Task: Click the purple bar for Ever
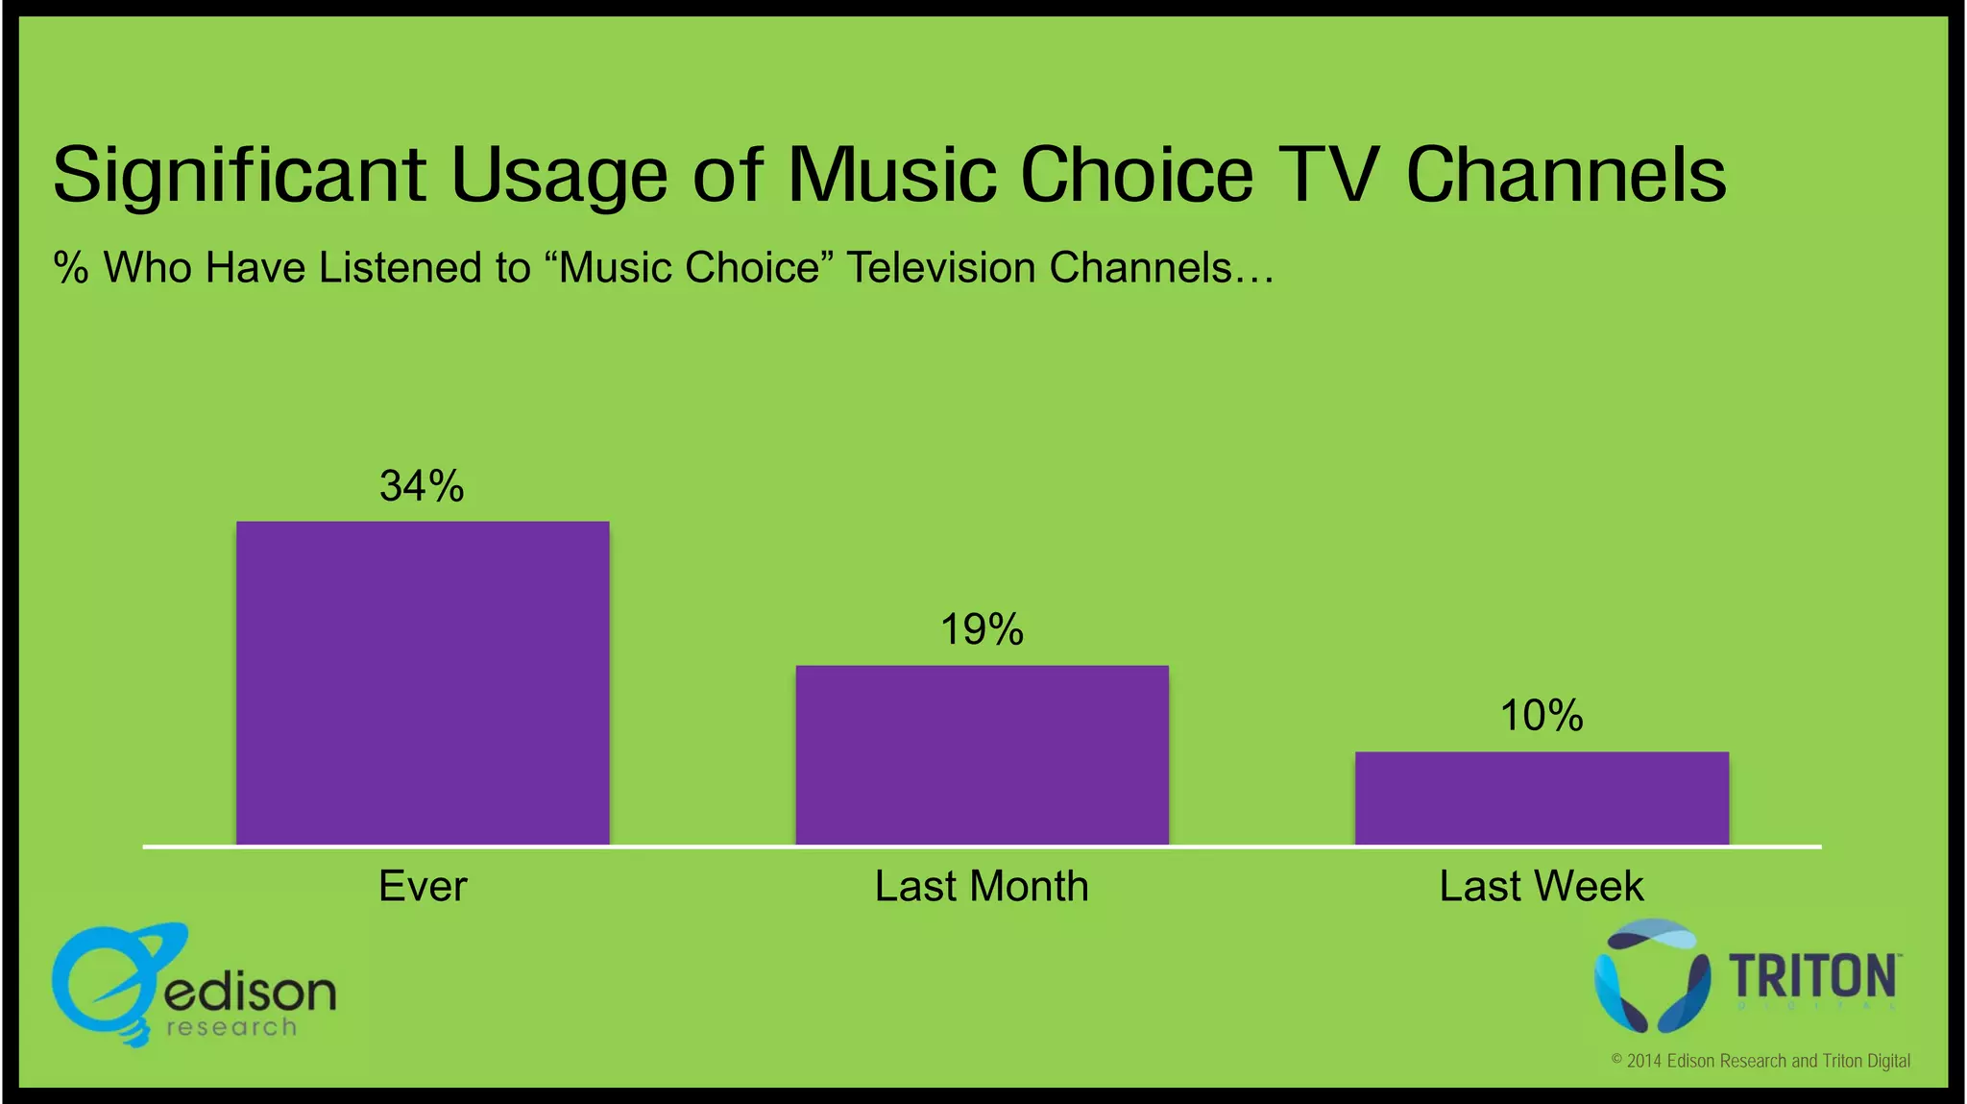click(423, 683)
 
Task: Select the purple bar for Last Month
click(982, 755)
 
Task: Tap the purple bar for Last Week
click(1542, 798)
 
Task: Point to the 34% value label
click(422, 486)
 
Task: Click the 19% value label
click(982, 630)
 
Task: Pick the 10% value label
click(1542, 716)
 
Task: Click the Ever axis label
click(423, 886)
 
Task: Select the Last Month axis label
click(982, 886)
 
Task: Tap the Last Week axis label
click(1542, 886)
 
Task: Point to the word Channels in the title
click(1566, 176)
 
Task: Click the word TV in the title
click(1328, 176)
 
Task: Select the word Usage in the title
click(559, 176)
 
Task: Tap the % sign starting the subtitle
click(71, 268)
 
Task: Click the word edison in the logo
click(250, 992)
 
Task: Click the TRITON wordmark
click(1812, 976)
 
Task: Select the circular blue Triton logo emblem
click(1651, 976)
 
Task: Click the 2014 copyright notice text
click(1761, 1061)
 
